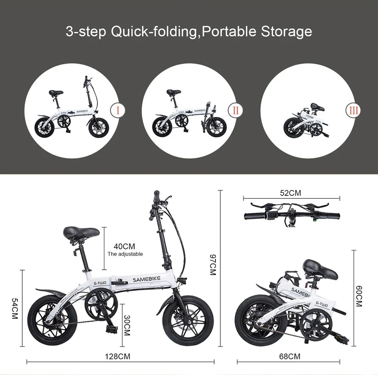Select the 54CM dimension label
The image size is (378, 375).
point(15,309)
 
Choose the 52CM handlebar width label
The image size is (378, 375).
point(291,193)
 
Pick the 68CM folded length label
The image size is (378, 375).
point(290,356)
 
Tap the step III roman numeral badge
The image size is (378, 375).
point(353,111)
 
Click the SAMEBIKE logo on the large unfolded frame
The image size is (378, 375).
point(146,279)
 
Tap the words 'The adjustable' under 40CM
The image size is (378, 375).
point(125,254)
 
